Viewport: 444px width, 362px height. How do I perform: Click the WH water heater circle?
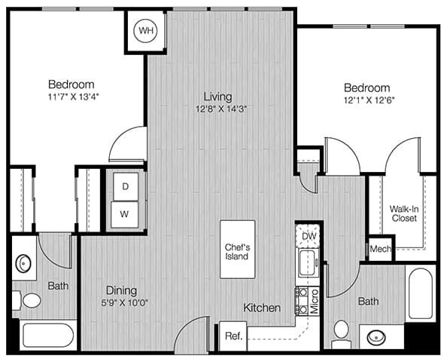[x=146, y=30]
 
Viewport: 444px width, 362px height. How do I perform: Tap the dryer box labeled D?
[x=126, y=187]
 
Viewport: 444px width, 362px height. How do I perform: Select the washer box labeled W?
[x=124, y=214]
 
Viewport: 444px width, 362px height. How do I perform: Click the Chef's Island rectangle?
[x=238, y=250]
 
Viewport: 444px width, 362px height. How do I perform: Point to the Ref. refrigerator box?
[x=233, y=336]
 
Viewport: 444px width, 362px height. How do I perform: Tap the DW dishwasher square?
[x=308, y=236]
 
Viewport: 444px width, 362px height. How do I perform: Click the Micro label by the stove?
[x=315, y=301]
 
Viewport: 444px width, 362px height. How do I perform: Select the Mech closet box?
[x=380, y=249]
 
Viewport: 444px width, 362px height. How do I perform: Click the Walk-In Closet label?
[x=404, y=213]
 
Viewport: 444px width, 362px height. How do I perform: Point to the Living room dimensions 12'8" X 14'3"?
[x=221, y=109]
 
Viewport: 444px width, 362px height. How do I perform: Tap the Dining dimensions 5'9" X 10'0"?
[x=125, y=303]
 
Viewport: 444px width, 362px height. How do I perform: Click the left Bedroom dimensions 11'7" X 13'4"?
[x=73, y=97]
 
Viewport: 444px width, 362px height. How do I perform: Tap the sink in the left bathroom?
[x=23, y=264]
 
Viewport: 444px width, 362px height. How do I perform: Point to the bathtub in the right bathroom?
[x=421, y=293]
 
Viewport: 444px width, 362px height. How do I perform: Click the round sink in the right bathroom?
[x=376, y=338]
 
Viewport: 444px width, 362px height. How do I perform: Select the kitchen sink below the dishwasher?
[x=308, y=262]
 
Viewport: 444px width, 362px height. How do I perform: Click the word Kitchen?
[x=262, y=308]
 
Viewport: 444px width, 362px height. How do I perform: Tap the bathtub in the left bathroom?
[x=48, y=336]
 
